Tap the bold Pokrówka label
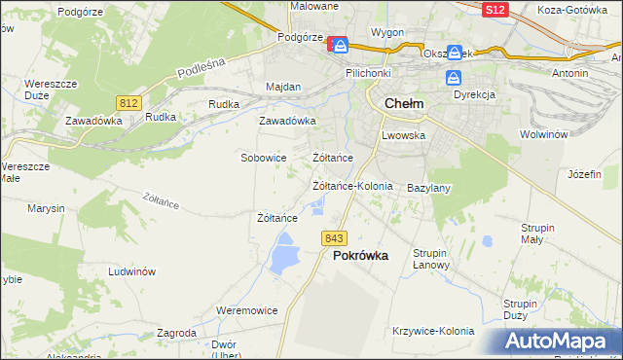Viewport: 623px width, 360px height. pos(360,256)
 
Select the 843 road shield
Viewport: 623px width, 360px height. pos(335,238)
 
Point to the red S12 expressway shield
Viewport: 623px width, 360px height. pos(495,9)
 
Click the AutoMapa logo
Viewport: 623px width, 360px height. pos(559,342)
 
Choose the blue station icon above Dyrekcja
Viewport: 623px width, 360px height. pos(454,77)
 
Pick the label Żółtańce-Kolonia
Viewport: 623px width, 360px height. pos(351,185)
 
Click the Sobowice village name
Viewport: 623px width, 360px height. pos(263,157)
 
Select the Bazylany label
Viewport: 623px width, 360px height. pos(427,187)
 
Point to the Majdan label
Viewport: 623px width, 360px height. pos(283,87)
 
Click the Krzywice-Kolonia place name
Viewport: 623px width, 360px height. pos(432,331)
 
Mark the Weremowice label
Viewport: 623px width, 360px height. pos(246,310)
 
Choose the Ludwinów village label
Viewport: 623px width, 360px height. pos(132,272)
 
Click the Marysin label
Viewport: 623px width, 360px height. pos(46,208)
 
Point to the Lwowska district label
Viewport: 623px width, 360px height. pos(404,135)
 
